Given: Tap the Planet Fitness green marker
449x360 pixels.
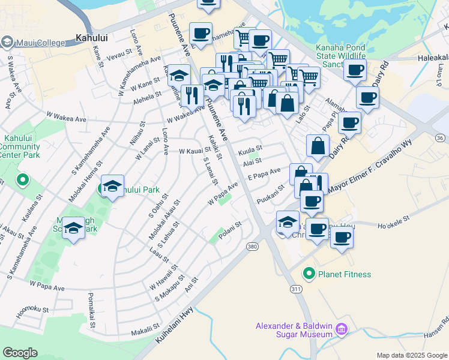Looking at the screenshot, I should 309,274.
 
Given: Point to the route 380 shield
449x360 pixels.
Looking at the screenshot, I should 253,246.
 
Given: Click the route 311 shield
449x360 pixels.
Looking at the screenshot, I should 296,289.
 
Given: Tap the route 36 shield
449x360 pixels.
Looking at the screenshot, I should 440,137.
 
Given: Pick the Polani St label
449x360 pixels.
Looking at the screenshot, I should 229,230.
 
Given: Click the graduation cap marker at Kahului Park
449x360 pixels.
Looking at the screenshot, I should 112,187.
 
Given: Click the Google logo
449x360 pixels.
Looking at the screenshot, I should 20,353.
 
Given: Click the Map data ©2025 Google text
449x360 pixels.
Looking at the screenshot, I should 411,355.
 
